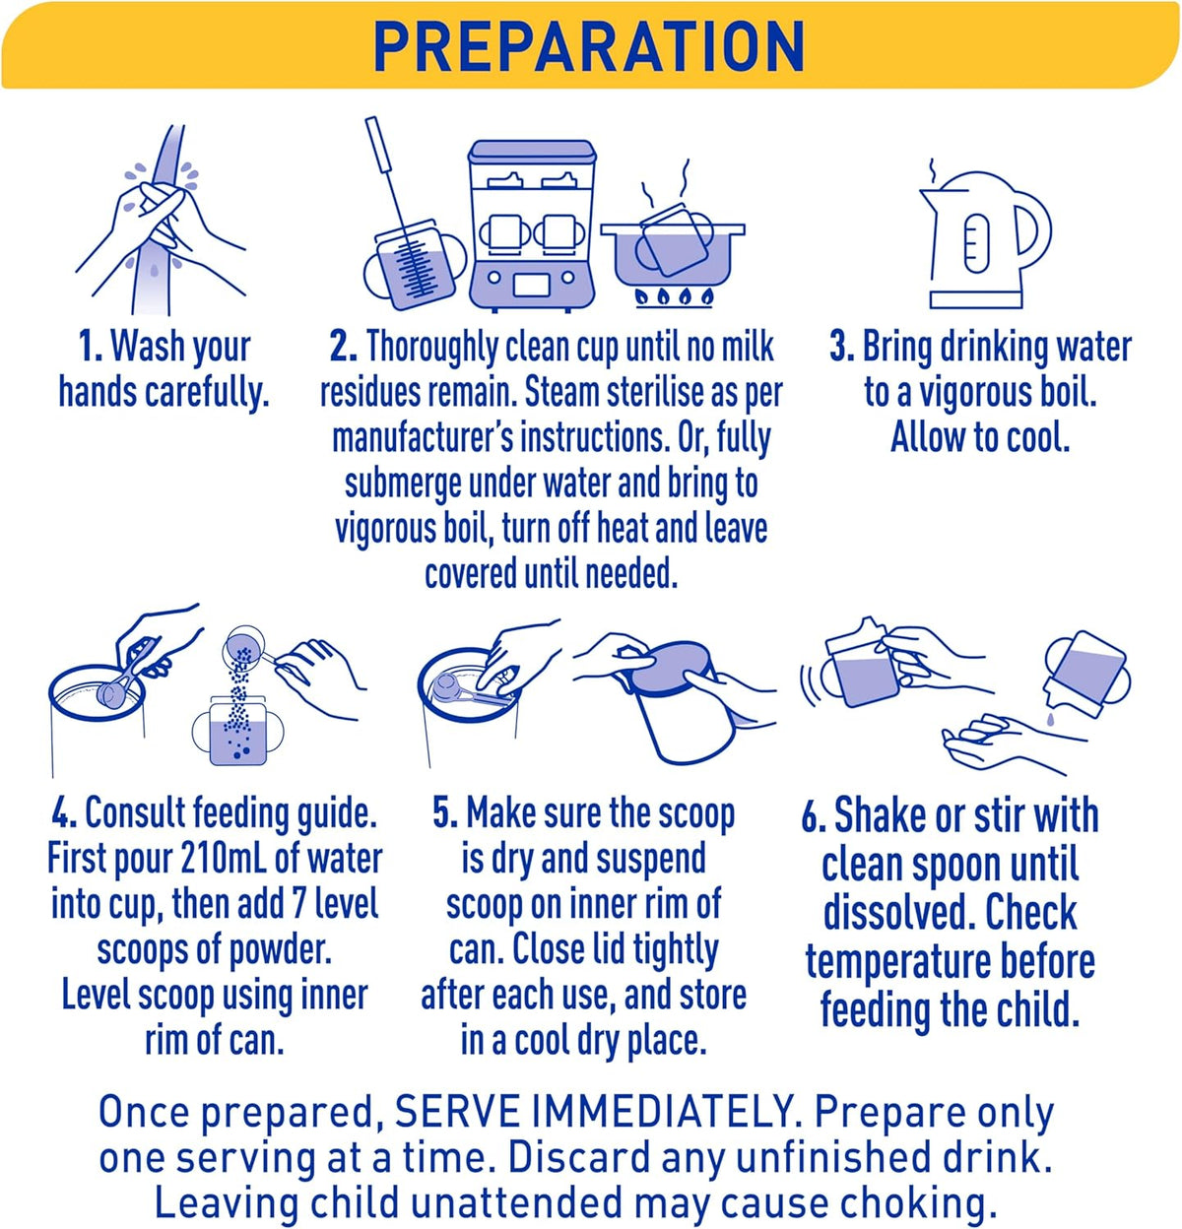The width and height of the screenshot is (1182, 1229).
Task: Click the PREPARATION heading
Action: pos(589,47)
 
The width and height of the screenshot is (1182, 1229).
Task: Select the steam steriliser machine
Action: pos(531,225)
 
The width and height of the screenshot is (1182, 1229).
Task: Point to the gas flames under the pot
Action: pos(674,295)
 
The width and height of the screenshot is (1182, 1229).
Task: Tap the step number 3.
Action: pos(842,347)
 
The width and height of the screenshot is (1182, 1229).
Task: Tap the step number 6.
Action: pos(815,817)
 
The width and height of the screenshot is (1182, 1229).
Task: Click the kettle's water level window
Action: pos(977,238)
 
